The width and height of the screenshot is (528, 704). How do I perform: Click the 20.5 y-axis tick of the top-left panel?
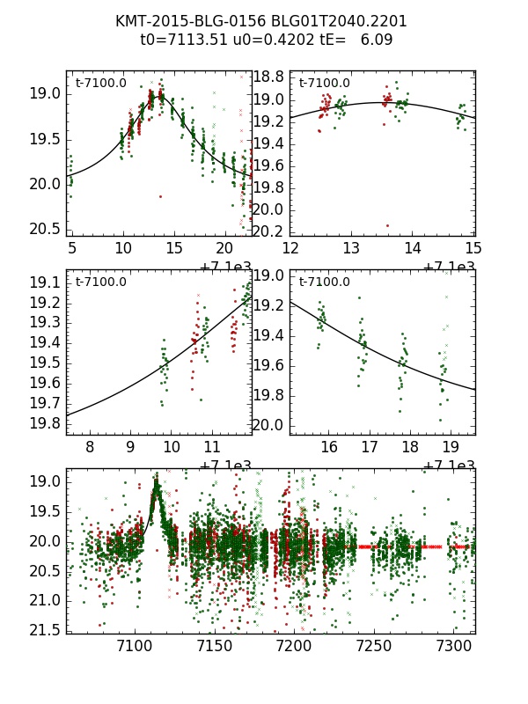[45, 229]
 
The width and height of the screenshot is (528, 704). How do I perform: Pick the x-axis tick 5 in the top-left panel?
[72, 248]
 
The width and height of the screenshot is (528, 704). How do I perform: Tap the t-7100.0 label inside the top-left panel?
[100, 84]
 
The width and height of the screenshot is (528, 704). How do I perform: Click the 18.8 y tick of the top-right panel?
[268, 77]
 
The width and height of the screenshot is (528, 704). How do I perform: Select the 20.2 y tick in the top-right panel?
[268, 231]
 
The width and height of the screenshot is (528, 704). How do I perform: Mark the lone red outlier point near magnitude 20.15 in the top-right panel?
[386, 226]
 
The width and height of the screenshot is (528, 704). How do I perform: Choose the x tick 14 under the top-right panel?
[412, 248]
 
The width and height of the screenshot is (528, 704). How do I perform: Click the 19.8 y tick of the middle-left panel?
[45, 423]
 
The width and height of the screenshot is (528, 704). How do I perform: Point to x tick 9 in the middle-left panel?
[130, 447]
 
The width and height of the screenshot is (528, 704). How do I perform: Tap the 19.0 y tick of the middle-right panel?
[268, 276]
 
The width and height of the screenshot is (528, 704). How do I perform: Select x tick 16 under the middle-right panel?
[328, 447]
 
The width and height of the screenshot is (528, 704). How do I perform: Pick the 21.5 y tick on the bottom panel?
[45, 630]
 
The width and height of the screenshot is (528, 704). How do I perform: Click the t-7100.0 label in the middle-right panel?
[324, 282]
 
